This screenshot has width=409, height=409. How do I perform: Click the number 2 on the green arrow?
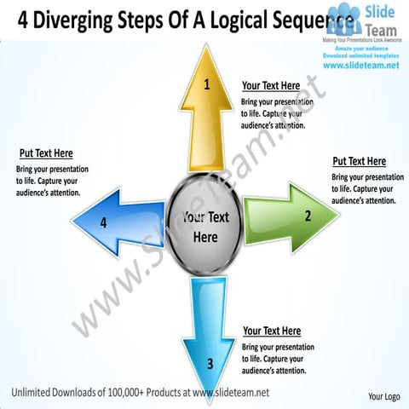coord(308,216)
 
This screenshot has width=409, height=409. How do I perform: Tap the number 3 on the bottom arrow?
coord(210,364)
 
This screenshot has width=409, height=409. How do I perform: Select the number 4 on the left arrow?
coord(103,223)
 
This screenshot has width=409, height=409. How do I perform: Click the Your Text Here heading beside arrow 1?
coord(270,86)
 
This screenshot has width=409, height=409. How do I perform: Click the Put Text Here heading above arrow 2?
coord(359,161)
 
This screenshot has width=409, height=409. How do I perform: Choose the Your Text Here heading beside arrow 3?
coord(271,331)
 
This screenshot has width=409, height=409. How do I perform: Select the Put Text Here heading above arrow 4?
coord(46,153)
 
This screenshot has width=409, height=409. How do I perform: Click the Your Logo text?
coord(384,397)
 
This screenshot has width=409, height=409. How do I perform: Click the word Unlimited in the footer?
coord(33,391)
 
